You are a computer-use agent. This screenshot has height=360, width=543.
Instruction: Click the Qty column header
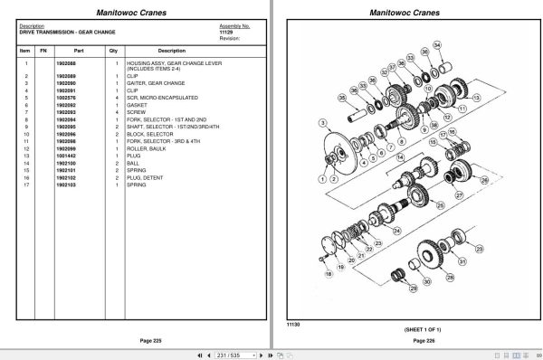113,51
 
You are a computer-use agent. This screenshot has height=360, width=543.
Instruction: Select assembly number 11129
225,32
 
